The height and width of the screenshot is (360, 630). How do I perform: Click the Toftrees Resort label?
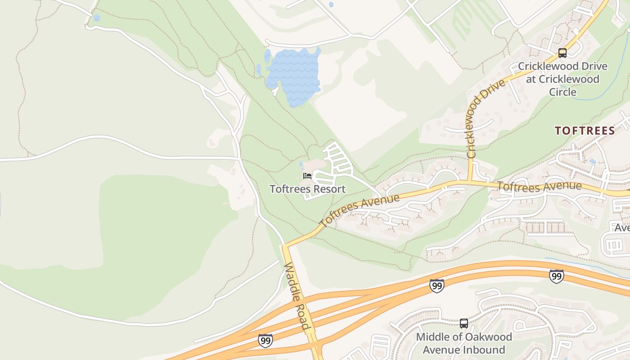pyautogui.click(x=307, y=189)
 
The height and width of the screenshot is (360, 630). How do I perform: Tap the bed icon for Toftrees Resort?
pyautogui.click(x=307, y=175)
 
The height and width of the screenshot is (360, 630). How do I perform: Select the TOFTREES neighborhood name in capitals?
pyautogui.click(x=585, y=131)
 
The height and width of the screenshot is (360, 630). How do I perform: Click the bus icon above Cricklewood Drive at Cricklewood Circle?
pyautogui.click(x=562, y=53)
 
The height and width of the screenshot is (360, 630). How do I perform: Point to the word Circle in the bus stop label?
pyautogui.click(x=562, y=92)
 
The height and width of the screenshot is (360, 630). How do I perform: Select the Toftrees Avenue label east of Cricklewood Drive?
pyautogui.click(x=540, y=186)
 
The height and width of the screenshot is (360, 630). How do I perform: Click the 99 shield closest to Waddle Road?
pyautogui.click(x=265, y=340)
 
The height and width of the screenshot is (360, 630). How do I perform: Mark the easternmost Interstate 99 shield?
pyautogui.click(x=557, y=276)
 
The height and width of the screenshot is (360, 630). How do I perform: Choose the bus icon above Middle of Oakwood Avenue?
pyautogui.click(x=463, y=323)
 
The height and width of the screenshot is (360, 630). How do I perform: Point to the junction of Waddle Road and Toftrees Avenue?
pyautogui.click(x=284, y=246)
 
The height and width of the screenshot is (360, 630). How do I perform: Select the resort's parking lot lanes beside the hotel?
pyautogui.click(x=337, y=160)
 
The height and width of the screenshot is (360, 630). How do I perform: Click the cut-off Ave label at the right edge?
pyautogui.click(x=622, y=228)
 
